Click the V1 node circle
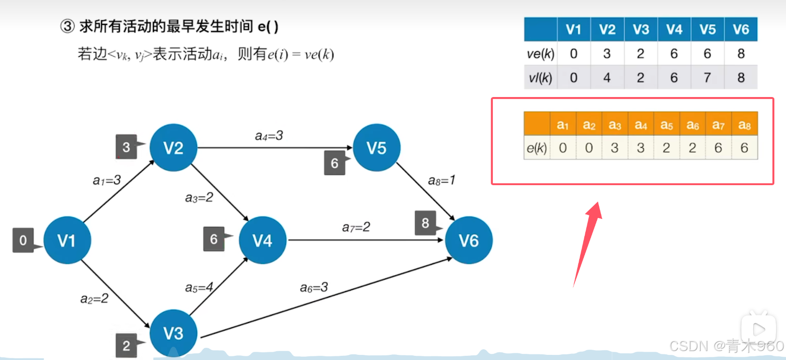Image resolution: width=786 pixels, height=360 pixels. [x=67, y=240]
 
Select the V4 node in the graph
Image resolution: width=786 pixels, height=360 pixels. [x=262, y=240]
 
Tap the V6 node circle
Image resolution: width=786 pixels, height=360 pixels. [x=469, y=240]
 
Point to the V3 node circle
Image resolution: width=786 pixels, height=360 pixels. [x=173, y=333]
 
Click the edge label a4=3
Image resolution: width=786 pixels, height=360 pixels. [x=269, y=136]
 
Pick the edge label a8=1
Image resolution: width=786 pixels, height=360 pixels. [x=441, y=180]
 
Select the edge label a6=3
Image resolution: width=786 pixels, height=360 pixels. [x=314, y=287]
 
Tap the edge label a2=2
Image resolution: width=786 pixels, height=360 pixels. [x=94, y=299]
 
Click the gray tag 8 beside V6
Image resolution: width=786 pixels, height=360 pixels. [x=425, y=223]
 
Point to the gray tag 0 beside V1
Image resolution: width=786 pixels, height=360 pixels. [x=23, y=240]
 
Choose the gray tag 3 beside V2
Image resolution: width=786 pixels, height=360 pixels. [x=126, y=147]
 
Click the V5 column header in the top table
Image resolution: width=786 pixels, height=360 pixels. [x=707, y=30]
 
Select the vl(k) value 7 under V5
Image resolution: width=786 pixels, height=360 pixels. [x=707, y=77]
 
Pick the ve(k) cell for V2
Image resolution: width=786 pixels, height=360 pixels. [x=607, y=54]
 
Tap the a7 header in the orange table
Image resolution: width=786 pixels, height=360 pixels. [x=718, y=125]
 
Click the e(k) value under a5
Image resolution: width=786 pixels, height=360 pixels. [x=666, y=148]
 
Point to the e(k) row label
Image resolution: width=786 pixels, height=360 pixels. [x=537, y=148]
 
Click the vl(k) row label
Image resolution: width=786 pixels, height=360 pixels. [x=540, y=78]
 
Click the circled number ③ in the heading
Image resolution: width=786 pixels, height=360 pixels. [x=68, y=26]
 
